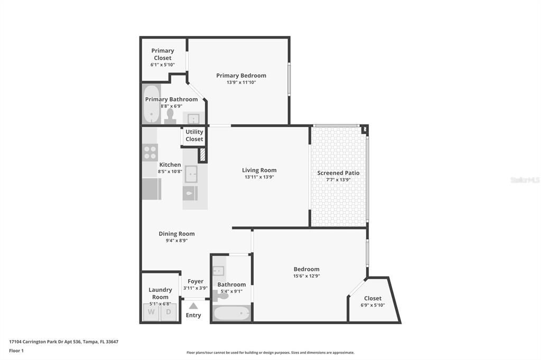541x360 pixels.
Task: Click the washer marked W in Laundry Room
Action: pyautogui.click(x=152, y=312)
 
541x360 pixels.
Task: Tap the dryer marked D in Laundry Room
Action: pyautogui.click(x=169, y=312)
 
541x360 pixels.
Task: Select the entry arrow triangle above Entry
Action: pyautogui.click(x=193, y=306)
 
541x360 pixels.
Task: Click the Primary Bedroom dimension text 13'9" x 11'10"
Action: pyautogui.click(x=241, y=82)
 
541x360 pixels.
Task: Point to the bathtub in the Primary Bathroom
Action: pyautogui.click(x=152, y=105)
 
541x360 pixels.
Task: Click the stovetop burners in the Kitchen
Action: pyautogui.click(x=150, y=153)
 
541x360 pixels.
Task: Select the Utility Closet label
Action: pyautogui.click(x=194, y=136)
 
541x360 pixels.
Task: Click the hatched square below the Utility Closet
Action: pyautogui.click(x=202, y=155)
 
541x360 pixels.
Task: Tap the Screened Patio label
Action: pyautogui.click(x=338, y=173)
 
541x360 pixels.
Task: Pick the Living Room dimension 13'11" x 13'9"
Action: pyautogui.click(x=259, y=177)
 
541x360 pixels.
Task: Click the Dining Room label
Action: pyautogui.click(x=176, y=234)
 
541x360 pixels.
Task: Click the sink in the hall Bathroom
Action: pyautogui.click(x=219, y=271)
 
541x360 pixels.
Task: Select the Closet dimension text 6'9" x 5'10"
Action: pyautogui.click(x=372, y=305)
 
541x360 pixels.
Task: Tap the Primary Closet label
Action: pyautogui.click(x=162, y=54)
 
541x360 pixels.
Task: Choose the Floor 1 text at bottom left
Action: pyautogui.click(x=16, y=350)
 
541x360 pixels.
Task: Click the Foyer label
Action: pyautogui.click(x=195, y=281)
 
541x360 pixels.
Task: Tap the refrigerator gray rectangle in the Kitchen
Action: pyautogui.click(x=152, y=189)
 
